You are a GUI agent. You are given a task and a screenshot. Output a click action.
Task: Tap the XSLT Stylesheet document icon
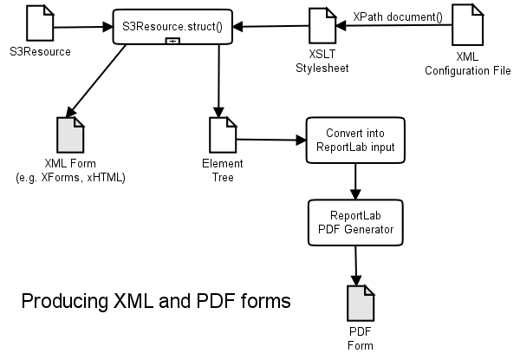pos(322,25)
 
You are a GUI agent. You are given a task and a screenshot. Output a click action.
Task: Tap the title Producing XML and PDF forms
pos(156,302)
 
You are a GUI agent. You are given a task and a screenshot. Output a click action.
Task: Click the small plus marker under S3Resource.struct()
pos(173,42)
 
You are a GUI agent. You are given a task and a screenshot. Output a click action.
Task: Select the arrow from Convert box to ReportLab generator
pos(354,180)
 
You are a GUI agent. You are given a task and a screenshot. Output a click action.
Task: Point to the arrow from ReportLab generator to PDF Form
pos(355,264)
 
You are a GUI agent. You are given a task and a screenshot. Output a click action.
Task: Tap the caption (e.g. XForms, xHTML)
pos(70,177)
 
